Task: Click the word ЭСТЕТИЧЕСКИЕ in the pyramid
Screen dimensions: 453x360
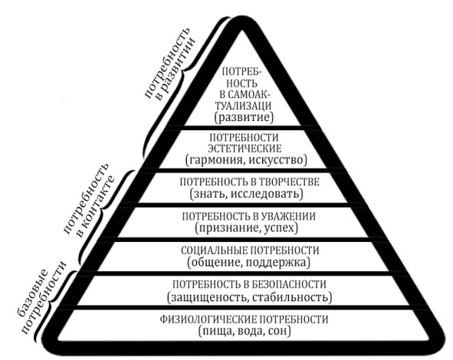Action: click(245, 149)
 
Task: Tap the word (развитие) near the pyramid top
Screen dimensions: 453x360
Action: click(244, 118)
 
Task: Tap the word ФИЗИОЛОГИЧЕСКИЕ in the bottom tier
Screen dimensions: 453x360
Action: click(208, 319)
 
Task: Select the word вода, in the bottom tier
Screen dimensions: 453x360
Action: click(251, 331)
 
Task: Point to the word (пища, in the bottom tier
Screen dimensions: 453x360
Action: click(216, 331)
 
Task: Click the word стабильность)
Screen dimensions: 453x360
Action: click(292, 297)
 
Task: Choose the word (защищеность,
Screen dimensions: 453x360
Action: click(208, 297)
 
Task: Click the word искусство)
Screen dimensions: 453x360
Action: click(277, 160)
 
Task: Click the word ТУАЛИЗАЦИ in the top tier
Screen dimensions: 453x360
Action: click(244, 106)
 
